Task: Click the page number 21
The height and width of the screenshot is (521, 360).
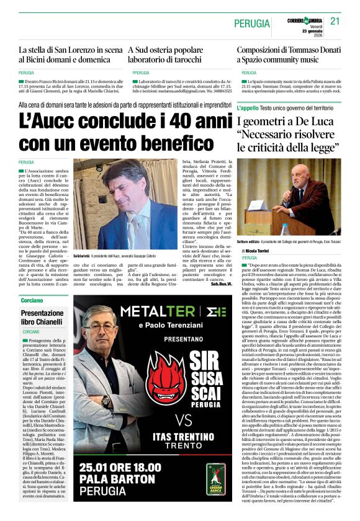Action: pyautogui.click(x=336, y=21)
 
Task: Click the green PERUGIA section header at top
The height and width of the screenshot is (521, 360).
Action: pyautogui.click(x=251, y=24)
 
